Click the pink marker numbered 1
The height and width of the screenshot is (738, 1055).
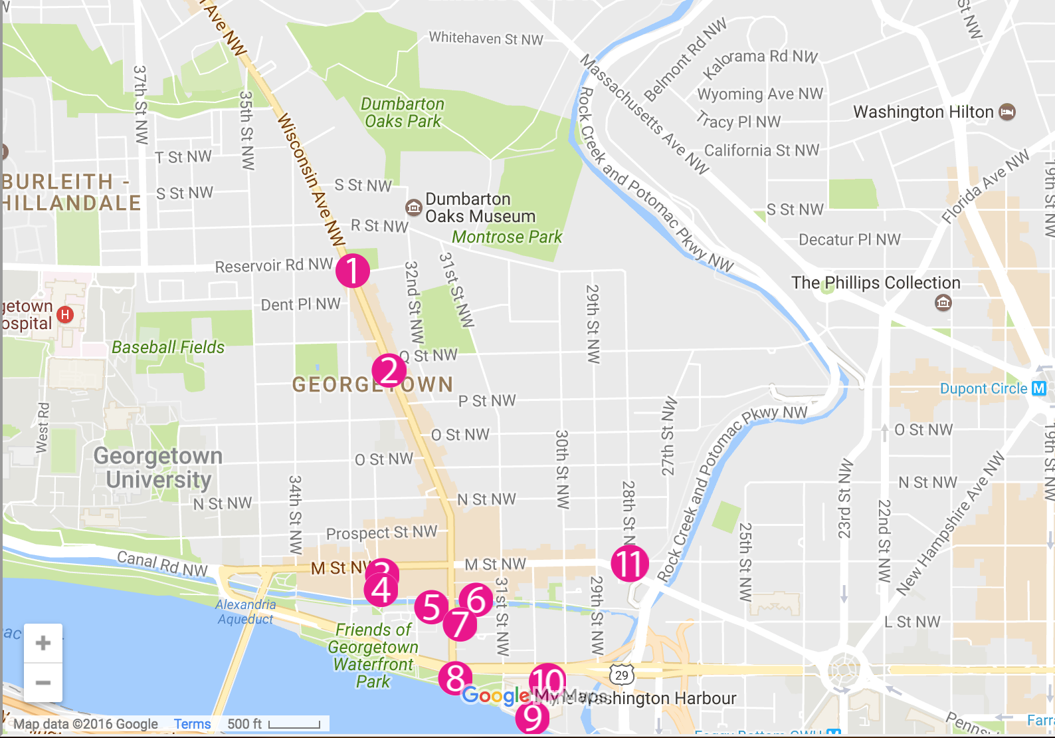coord(352,271)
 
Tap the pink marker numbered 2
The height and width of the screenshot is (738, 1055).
coord(389,371)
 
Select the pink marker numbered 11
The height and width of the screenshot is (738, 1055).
coord(630,563)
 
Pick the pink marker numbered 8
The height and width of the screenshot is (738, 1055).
coord(455,678)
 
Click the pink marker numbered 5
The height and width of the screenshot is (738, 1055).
coord(432,607)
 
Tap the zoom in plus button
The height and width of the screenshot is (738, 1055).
coord(43,643)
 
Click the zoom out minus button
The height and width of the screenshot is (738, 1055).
coord(43,683)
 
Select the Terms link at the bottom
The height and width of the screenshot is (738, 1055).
coord(192,724)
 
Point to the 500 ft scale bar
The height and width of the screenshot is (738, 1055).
coord(294,724)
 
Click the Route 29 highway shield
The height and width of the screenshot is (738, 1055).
coord(621,676)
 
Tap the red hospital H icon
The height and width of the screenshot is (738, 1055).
coord(65,314)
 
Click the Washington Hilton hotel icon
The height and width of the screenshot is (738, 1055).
coord(1007,112)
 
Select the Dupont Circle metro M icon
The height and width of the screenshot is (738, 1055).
coord(1038,388)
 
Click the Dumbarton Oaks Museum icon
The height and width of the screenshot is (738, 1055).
coord(413,207)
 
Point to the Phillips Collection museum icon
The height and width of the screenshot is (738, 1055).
coord(943,303)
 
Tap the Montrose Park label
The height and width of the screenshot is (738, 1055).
coord(507,237)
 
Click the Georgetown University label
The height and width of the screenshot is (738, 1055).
coord(158,467)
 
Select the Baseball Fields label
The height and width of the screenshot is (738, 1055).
coord(168,347)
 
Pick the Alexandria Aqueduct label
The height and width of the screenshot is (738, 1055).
coord(245,612)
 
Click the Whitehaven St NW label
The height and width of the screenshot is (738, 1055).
coord(486,39)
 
